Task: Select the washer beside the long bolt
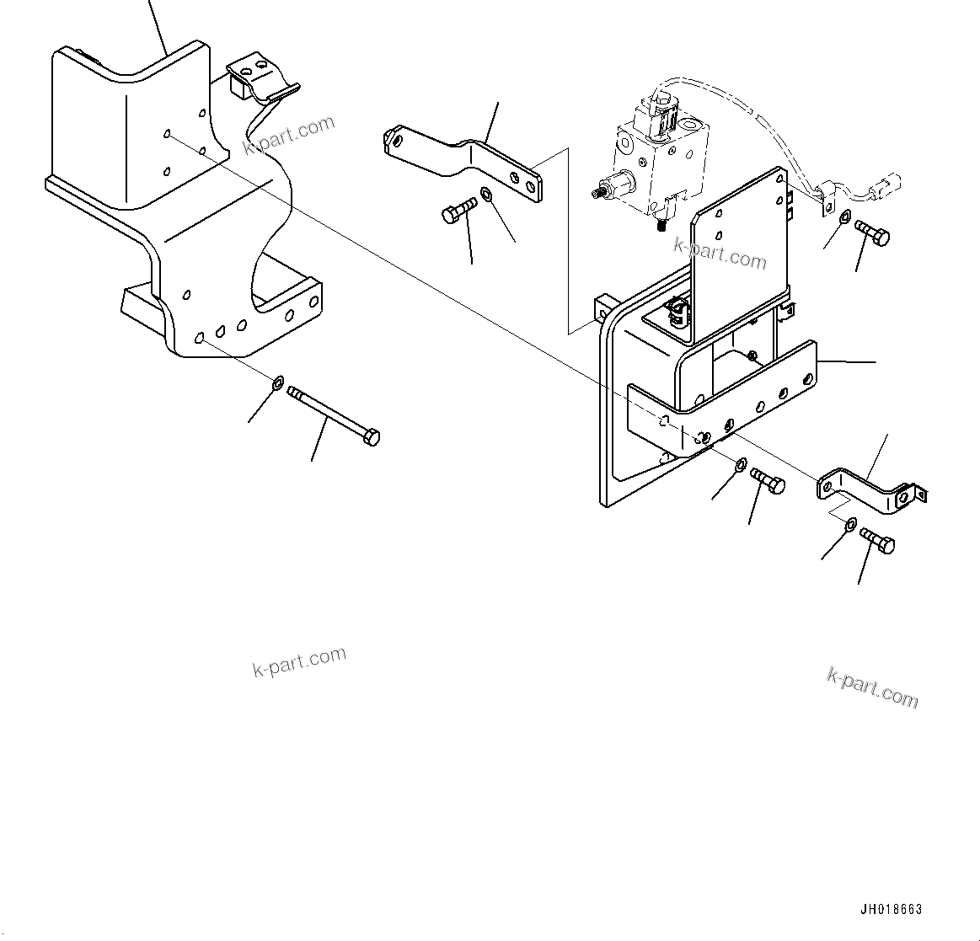[278, 386]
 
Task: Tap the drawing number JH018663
[891, 910]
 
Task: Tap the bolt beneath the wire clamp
[872, 233]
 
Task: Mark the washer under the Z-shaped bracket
[850, 525]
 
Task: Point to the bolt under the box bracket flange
[767, 481]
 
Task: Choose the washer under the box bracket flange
[741, 465]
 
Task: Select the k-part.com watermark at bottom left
[299, 661]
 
